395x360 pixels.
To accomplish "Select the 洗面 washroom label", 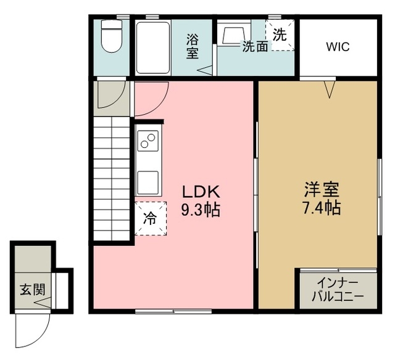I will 255,47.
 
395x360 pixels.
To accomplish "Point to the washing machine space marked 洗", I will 280,35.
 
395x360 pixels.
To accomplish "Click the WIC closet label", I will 338,47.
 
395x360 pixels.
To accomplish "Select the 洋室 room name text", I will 321,187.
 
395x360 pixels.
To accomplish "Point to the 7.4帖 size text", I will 321,207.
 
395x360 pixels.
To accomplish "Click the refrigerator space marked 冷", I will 150,218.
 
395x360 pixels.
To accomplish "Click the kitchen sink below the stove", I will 148,182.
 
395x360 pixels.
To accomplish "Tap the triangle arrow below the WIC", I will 330,91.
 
